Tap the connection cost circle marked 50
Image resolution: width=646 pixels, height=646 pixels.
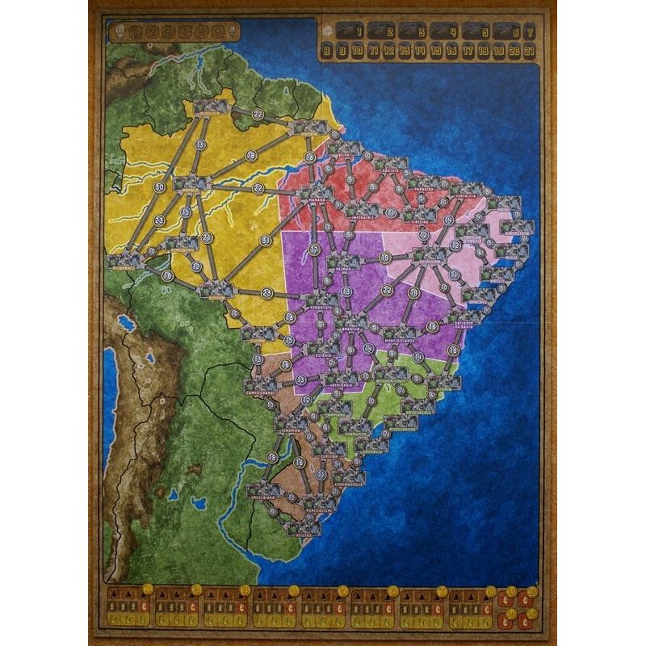[159, 187]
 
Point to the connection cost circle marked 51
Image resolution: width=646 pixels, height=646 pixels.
[266, 240]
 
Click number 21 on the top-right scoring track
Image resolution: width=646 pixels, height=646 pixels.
[529, 51]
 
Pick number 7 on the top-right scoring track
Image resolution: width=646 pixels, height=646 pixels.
[529, 33]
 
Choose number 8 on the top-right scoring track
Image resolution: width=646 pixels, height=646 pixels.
[327, 51]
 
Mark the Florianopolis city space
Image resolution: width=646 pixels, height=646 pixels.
[350, 476]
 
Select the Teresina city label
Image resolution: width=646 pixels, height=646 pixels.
[419, 221]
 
